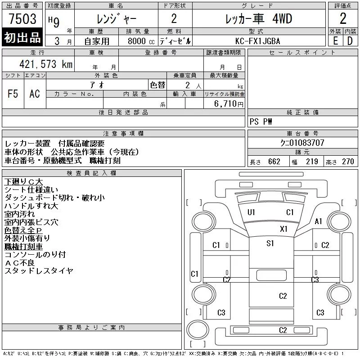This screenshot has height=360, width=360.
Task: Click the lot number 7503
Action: pos(22,18)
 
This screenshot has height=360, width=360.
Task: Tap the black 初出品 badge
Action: pos(22,37)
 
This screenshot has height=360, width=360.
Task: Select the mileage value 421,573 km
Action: pos(46,64)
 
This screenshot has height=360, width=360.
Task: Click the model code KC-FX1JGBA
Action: pos(258,41)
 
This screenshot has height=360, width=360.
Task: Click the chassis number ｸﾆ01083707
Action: pos(302,143)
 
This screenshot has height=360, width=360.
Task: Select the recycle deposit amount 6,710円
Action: pos(229,104)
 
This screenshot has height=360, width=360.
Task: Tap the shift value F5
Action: pos(13,94)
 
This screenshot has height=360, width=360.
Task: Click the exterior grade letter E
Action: pos(335,41)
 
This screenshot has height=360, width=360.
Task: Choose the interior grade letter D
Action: pos(350,41)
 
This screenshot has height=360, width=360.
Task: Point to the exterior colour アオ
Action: pos(97,85)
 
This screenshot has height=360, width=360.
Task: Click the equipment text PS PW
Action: pos(261,121)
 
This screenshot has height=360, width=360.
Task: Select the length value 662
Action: pos(274,162)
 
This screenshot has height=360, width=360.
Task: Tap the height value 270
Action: pos(348,162)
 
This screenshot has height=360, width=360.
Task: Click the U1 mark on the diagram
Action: pos(252,212)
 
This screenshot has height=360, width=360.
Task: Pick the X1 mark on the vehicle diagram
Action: pos(283,229)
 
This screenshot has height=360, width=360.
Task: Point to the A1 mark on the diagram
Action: pos(318,221)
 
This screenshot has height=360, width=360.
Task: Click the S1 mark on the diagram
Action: pos(270,243)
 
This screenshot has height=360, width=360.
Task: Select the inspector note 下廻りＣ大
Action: pos(24,182)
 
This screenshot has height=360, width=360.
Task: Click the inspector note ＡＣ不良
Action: pos(20,263)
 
